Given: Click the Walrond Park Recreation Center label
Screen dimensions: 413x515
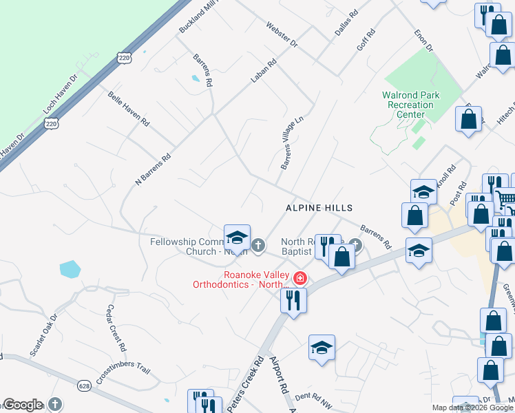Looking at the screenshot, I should [410, 105].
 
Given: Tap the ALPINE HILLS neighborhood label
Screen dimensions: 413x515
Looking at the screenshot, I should [319, 208].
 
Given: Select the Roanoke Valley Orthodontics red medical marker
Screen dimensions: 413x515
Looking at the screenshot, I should [300, 279].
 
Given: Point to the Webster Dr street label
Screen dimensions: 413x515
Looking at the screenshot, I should [282, 34].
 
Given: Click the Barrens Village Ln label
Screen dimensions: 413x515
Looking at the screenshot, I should [291, 143].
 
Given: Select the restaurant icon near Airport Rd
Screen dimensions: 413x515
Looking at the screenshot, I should [293, 300].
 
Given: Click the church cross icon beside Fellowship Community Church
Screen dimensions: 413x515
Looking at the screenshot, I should [258, 244].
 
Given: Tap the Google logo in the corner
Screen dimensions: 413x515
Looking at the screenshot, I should [23, 405].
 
